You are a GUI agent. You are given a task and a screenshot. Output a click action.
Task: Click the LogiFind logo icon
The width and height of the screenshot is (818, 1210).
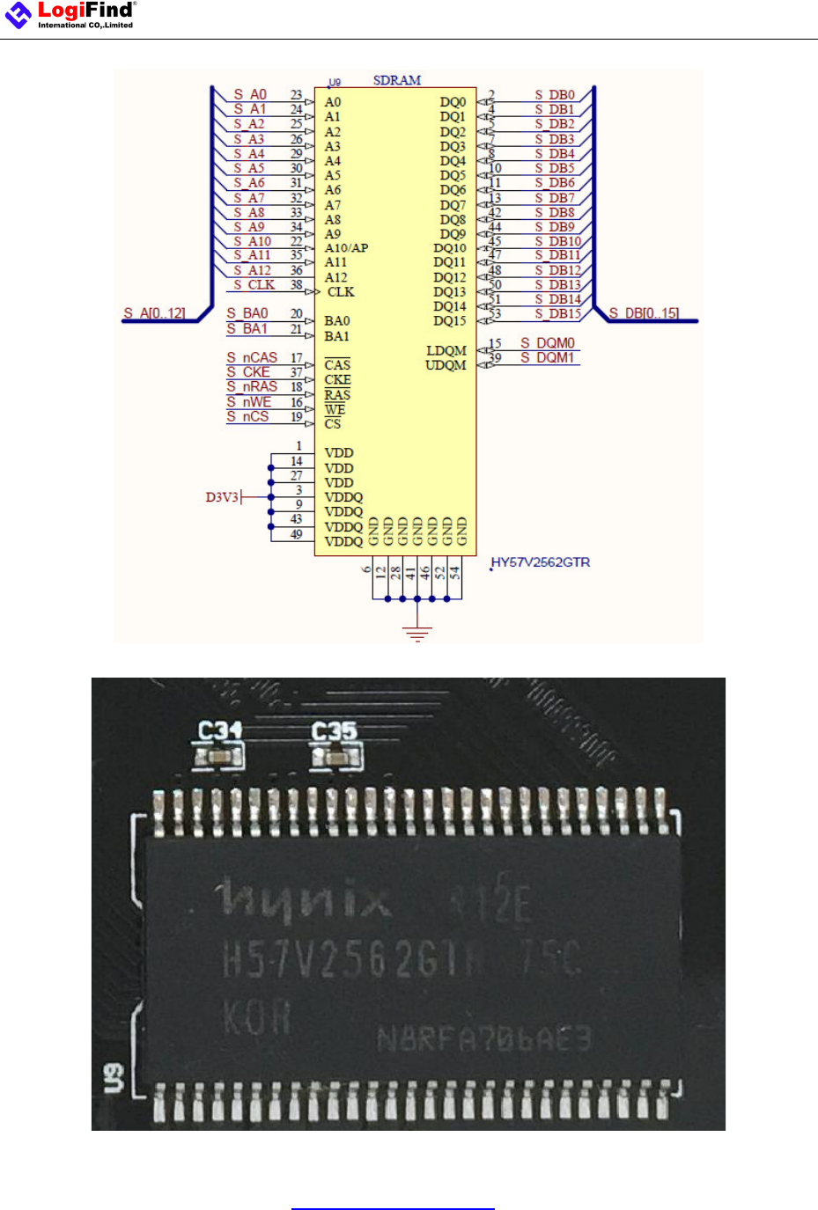click(18, 14)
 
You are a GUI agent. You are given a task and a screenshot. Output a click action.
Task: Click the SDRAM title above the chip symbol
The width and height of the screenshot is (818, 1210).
click(396, 80)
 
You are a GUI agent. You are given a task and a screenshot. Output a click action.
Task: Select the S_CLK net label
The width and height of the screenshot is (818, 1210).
click(254, 285)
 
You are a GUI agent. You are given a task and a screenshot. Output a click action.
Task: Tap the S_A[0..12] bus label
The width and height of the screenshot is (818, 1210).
click(154, 313)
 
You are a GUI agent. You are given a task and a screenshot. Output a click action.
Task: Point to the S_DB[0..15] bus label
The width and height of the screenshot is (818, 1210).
click(644, 313)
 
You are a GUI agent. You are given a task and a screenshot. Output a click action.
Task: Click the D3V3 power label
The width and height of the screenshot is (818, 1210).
click(222, 497)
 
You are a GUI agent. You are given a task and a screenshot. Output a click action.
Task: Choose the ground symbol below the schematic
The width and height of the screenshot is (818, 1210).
click(417, 633)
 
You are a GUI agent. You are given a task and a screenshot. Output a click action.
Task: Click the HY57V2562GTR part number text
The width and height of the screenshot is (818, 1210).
click(541, 562)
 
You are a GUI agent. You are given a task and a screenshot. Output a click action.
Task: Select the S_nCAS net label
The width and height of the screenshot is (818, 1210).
click(252, 357)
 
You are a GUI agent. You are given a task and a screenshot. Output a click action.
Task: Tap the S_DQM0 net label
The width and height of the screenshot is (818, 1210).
click(547, 343)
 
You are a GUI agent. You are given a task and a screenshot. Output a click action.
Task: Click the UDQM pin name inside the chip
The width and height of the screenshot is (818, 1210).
click(446, 365)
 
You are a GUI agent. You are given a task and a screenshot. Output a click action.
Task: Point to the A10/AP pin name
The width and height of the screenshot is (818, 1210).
click(346, 248)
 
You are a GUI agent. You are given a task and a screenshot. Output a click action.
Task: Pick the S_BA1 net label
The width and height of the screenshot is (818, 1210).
click(247, 329)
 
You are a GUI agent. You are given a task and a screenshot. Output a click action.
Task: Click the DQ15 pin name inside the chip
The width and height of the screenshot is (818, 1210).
click(449, 321)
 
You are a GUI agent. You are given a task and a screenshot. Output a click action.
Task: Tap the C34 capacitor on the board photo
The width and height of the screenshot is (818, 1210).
click(218, 756)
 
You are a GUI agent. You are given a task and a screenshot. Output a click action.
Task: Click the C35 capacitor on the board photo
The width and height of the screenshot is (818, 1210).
click(335, 756)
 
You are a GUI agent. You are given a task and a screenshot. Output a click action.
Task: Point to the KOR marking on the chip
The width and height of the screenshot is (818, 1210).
click(256, 1018)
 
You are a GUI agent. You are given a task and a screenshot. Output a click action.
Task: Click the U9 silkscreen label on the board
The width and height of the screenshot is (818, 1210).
click(114, 1078)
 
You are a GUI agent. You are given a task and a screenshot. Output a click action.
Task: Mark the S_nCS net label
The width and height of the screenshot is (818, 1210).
click(247, 416)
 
